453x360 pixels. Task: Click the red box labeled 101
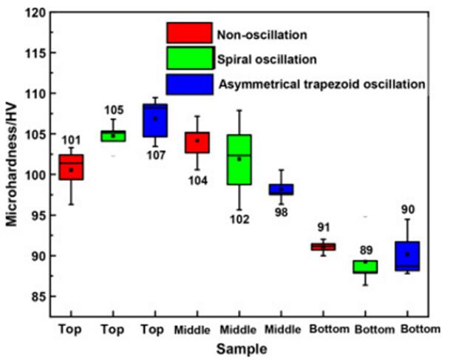[x=71, y=167]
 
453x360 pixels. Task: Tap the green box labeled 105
[x=113, y=135]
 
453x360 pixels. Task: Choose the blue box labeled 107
[x=155, y=120]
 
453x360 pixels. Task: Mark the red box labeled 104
[x=197, y=142]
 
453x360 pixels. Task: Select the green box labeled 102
[x=239, y=159]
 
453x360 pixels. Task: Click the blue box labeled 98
[x=281, y=189]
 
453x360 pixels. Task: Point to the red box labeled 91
[x=324, y=247]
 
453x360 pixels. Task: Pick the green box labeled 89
[x=365, y=267]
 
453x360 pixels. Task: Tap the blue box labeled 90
[x=407, y=256]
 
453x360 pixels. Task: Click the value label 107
[x=155, y=154]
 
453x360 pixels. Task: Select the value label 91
[x=323, y=228]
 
